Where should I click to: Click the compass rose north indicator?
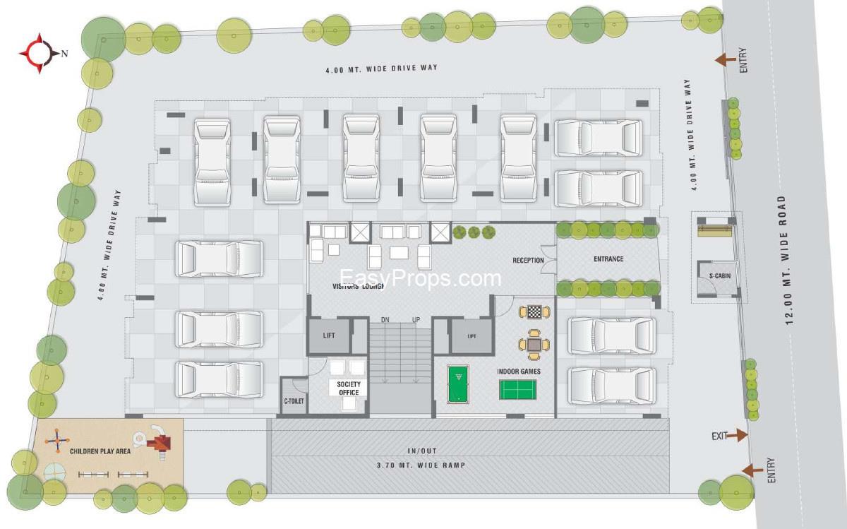(40, 54)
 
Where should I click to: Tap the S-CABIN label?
(719, 276)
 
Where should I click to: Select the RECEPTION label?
(528, 261)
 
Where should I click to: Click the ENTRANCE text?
(608, 258)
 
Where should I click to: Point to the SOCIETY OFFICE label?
(349, 388)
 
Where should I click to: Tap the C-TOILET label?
(294, 400)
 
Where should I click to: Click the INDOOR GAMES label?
(518, 372)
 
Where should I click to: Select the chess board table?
(534, 312)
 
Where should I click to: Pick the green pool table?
(458, 384)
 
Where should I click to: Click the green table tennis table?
(517, 390)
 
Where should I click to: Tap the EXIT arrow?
(738, 435)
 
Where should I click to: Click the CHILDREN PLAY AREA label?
(100, 451)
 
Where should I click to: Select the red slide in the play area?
(160, 443)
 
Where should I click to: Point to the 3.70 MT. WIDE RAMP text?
(421, 465)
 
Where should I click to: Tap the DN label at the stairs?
(385, 320)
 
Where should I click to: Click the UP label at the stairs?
(416, 320)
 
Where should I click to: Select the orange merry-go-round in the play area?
(57, 441)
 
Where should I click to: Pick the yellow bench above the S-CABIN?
(714, 231)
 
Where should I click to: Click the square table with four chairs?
(534, 345)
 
